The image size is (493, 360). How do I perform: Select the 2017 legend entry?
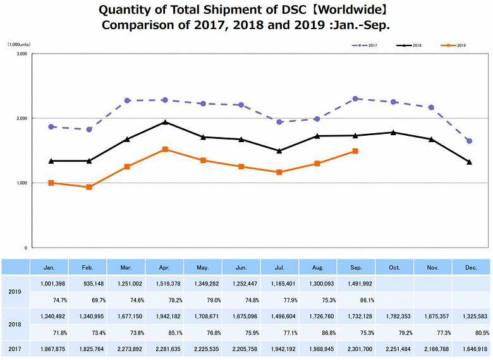(x=370, y=45)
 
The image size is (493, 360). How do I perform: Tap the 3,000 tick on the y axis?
(x=21, y=54)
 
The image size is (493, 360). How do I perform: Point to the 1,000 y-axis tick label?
(x=21, y=183)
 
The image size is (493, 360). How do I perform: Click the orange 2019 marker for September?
(x=356, y=151)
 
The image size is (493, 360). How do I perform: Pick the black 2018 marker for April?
(x=164, y=122)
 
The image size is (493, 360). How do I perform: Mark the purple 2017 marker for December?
(x=469, y=141)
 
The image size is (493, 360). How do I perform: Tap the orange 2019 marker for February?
(x=88, y=187)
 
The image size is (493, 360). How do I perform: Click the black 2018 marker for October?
(x=393, y=132)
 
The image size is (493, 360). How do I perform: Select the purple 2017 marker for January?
(x=51, y=127)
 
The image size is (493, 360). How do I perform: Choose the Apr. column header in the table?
(x=164, y=268)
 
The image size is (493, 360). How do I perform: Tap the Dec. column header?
(x=472, y=268)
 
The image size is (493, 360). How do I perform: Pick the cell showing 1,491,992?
(x=356, y=285)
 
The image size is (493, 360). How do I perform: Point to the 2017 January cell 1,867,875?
(x=49, y=349)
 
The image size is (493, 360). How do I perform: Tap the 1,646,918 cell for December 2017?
(x=472, y=349)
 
